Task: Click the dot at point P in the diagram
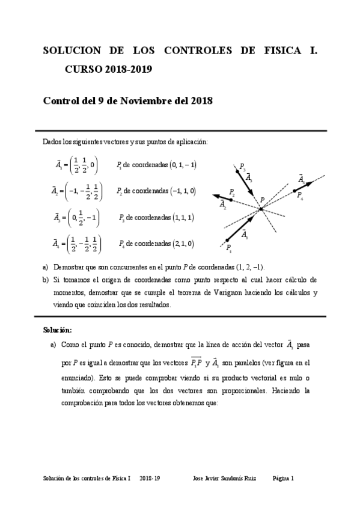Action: coord(261,209)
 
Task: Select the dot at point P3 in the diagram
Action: coord(237,171)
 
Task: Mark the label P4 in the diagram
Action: coord(299,197)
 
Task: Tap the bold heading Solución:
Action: coord(57,330)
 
